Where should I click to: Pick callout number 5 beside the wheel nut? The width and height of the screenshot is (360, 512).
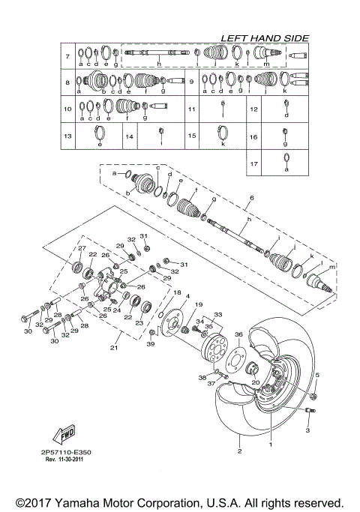coord(317,375)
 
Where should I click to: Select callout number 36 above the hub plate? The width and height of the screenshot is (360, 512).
coord(238,334)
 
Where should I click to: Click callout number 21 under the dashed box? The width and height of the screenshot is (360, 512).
coord(115,347)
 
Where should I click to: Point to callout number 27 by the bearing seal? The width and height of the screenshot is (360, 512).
coord(82,249)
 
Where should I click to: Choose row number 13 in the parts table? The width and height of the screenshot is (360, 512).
coord(67,136)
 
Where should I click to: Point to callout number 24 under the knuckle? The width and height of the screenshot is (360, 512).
coord(116,310)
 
